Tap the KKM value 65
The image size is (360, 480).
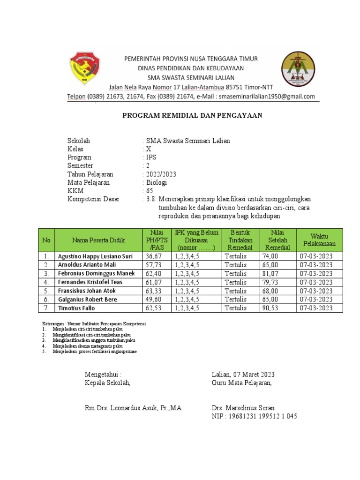150,191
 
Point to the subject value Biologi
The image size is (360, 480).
156,183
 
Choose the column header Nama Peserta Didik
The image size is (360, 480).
98,240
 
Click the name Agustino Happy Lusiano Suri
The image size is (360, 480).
95,256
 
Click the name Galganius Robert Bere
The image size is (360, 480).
87,300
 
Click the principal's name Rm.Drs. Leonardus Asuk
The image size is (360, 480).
133,408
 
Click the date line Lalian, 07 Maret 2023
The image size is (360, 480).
243,374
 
